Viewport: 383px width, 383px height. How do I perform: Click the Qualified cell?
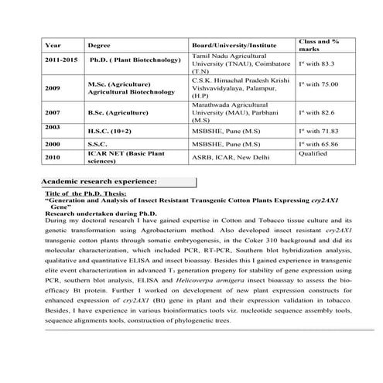(x=313, y=154)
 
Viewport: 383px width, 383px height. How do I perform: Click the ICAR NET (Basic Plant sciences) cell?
(x=120, y=158)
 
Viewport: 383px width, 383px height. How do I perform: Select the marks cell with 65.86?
(x=319, y=144)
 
